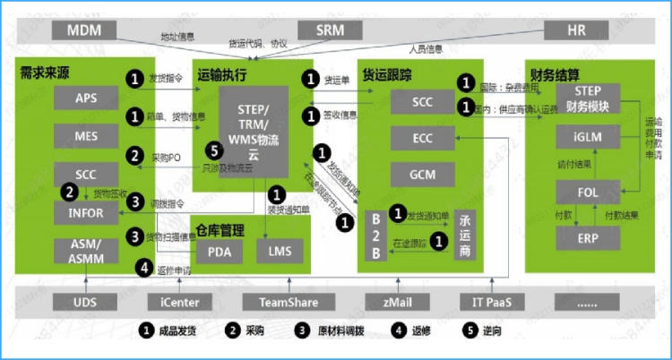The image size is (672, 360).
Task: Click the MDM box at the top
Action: tap(86, 30)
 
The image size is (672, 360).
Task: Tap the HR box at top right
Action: tap(576, 30)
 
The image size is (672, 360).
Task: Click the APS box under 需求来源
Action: tap(87, 98)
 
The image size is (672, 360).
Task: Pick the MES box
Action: tap(87, 136)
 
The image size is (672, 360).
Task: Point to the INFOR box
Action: tap(87, 213)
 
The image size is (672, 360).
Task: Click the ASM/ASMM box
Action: tap(87, 252)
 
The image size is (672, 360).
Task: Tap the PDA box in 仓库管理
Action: tap(220, 252)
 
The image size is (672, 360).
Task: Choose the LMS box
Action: tap(280, 252)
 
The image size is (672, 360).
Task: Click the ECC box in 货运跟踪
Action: tap(422, 139)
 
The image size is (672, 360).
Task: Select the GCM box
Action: tap(422, 174)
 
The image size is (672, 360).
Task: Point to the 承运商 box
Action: tap(464, 236)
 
